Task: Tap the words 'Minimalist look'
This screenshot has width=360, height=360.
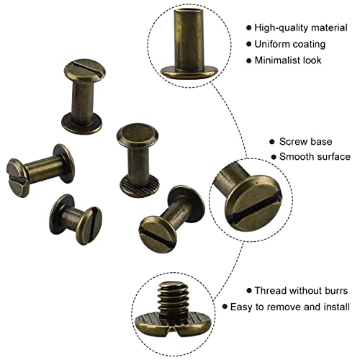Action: click(289, 61)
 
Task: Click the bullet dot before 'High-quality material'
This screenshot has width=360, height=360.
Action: click(248, 27)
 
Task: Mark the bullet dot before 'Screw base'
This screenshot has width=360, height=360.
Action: click(271, 142)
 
